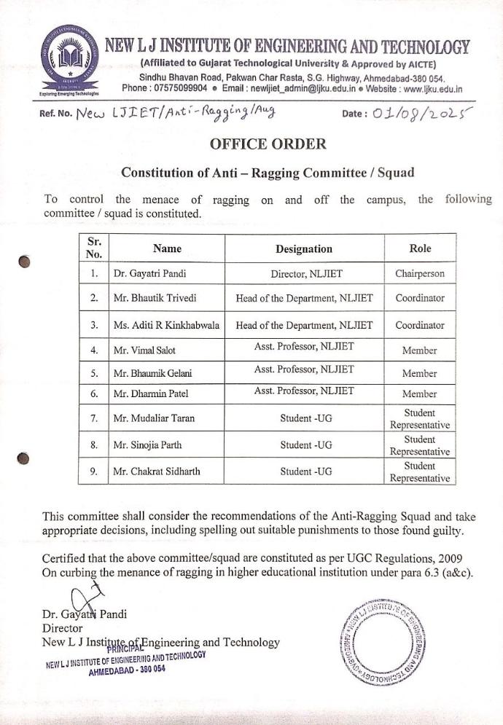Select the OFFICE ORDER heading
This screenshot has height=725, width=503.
click(268, 144)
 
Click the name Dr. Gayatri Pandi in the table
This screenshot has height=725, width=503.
click(144, 274)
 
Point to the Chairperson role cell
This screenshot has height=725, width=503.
click(420, 274)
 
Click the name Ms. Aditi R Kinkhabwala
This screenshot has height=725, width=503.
click(167, 325)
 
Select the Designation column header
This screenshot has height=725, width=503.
click(304, 248)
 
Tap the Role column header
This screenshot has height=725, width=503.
click(420, 248)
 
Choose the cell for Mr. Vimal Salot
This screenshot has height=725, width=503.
click(144, 350)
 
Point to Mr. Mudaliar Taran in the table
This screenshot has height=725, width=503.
click(152, 419)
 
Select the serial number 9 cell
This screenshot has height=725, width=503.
click(93, 471)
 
